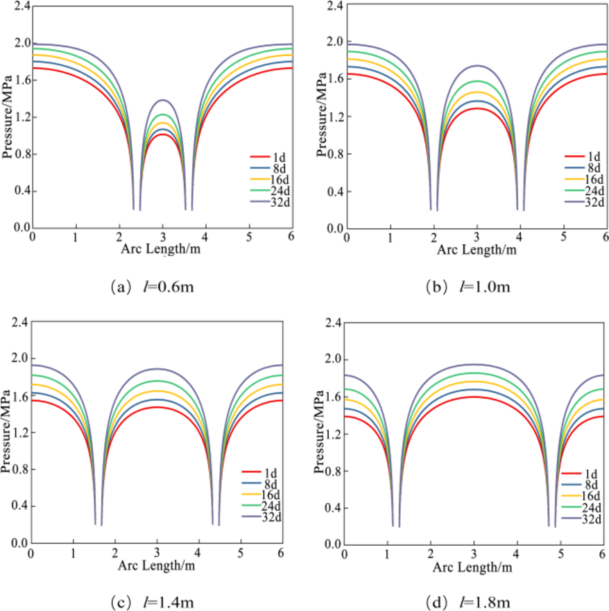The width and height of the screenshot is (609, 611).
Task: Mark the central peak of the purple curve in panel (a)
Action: [x=163, y=100]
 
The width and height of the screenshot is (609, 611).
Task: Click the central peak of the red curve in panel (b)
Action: [x=477, y=107]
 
